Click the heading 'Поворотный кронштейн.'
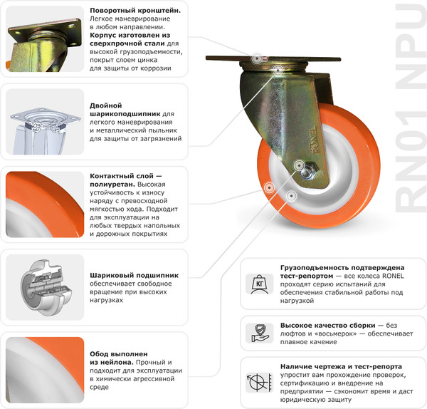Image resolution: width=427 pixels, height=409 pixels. (x=135, y=11)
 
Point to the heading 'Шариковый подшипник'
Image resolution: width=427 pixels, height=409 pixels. (x=134, y=274)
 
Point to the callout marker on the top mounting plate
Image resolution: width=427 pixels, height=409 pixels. (x=256, y=56)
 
